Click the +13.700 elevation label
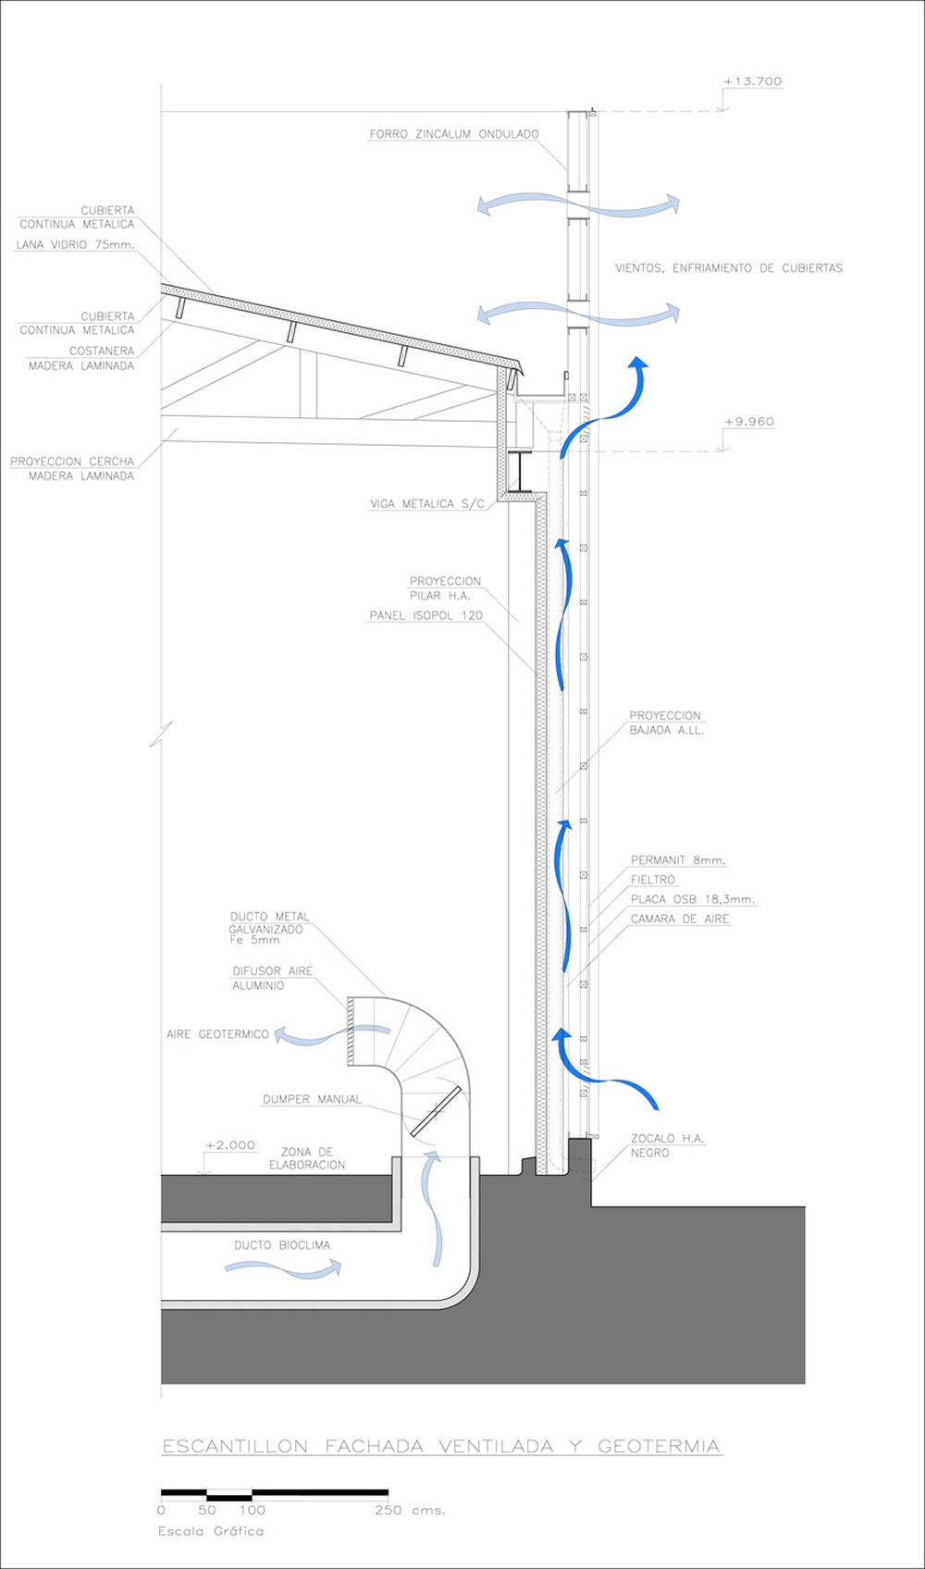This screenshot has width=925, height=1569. [753, 81]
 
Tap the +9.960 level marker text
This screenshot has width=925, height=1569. [749, 422]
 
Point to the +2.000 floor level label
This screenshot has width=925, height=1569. [230, 1145]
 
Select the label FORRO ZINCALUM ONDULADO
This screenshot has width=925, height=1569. [454, 134]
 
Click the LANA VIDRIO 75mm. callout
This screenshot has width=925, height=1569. [75, 244]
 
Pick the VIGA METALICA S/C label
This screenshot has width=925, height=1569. [427, 503]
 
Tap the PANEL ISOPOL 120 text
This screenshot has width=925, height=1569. [425, 616]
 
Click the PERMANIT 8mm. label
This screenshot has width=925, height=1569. [678, 860]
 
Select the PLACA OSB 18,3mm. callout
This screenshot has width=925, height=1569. [693, 899]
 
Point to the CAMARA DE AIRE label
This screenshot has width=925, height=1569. [680, 919]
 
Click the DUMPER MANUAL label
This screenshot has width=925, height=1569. [313, 1100]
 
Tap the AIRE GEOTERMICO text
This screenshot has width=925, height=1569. [217, 1034]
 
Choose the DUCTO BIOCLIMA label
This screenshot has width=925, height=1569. [282, 1245]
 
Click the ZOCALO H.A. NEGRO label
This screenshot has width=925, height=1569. [667, 1146]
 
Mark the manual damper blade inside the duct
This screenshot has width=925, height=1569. [436, 1111]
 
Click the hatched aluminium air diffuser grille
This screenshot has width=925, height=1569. [350, 1032]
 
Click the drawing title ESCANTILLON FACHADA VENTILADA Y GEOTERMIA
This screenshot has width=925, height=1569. [441, 1446]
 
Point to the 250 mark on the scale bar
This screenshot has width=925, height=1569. [388, 1510]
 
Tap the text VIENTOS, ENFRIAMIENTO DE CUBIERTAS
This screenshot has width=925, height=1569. [729, 268]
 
